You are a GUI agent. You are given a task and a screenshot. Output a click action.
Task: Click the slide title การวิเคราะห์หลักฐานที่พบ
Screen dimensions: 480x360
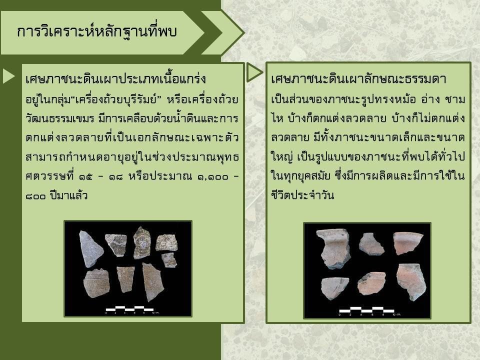pyautogui.click(x=96, y=31)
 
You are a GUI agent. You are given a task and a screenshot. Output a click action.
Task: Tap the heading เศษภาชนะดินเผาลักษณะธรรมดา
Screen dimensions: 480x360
pyautogui.click(x=358, y=79)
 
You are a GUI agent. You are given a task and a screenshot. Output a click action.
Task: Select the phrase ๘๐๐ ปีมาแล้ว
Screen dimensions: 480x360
pyautogui.click(x=56, y=195)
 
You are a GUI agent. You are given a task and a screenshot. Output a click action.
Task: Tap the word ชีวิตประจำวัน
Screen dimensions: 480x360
pyautogui.click(x=302, y=195)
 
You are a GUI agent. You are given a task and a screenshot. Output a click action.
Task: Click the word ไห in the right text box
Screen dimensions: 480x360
pyautogui.click(x=277, y=118)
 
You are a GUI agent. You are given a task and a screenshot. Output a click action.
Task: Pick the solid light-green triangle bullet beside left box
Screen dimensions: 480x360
pyautogui.click(x=8, y=75)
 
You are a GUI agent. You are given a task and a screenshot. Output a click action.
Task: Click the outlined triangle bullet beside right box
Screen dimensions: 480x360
pyautogui.click(x=254, y=72)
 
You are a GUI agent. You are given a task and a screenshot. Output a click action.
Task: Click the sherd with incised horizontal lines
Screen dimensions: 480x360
pyautogui.click(x=96, y=283)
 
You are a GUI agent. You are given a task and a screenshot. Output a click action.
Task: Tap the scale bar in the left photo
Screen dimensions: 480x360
pyautogui.click(x=129, y=309)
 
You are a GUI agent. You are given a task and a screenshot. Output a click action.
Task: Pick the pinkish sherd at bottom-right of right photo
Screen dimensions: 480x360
pyautogui.click(x=410, y=281)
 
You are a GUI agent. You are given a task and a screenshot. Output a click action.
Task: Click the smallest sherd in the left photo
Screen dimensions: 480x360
pyautogui.click(x=169, y=260)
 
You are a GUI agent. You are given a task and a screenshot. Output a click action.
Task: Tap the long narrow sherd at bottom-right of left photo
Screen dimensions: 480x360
pyautogui.click(x=152, y=281)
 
